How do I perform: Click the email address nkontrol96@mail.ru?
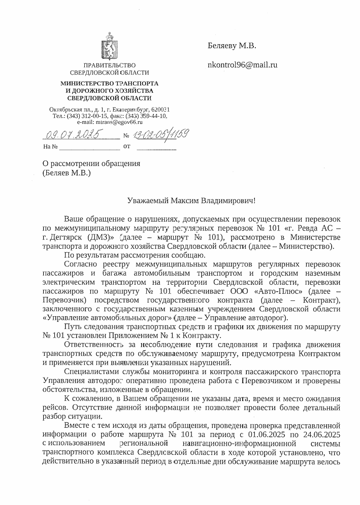tap(243, 65)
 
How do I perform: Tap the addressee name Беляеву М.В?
tap(232, 46)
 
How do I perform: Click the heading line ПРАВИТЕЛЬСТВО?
tap(110, 65)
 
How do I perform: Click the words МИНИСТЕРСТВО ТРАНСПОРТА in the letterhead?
tap(110, 83)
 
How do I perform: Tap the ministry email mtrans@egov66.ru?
tap(121, 122)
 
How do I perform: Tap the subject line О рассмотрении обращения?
tap(90, 163)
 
